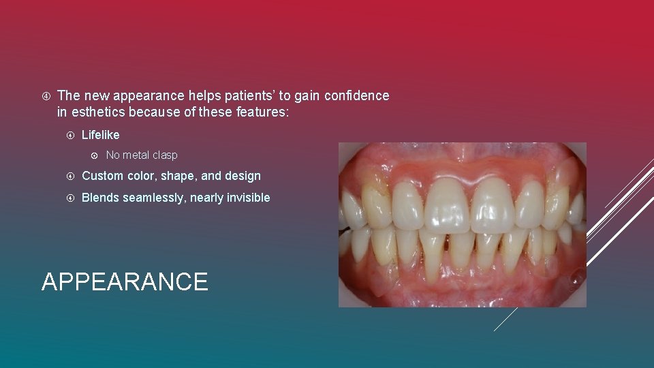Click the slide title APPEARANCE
pos(125,281)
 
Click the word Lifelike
pos(100,135)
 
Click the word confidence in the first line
pos(356,96)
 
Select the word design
pos(244,176)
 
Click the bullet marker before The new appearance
pos(45,96)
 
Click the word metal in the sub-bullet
pos(137,155)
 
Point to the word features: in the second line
pos(263,112)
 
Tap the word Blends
pos(100,198)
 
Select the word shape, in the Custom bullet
pos(179,176)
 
